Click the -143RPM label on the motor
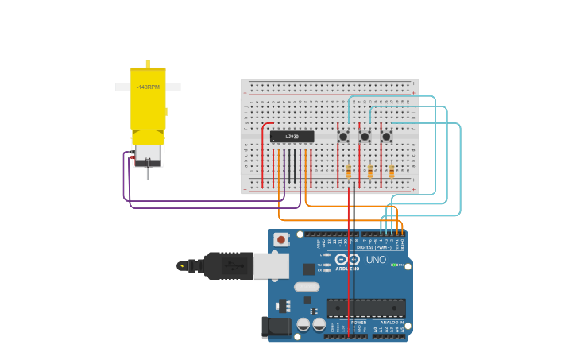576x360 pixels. tap(148, 87)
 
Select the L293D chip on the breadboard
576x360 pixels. tap(292, 137)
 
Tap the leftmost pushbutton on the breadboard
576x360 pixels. tap(343, 137)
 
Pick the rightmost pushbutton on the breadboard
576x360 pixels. tap(386, 137)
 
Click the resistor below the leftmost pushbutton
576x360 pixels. tap(349, 171)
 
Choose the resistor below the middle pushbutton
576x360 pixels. tap(370, 171)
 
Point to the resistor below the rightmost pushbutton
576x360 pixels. tap(392, 171)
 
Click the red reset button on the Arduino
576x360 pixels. tap(280, 239)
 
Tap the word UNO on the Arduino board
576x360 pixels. tap(376, 260)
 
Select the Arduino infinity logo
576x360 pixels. tap(347, 260)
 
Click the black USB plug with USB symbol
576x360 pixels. tap(228, 265)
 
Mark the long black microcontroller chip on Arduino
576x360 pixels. tap(366, 308)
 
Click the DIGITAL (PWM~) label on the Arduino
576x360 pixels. tap(373, 247)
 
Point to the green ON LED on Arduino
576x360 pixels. tap(394, 264)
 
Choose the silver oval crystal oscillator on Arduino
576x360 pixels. tap(306, 287)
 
